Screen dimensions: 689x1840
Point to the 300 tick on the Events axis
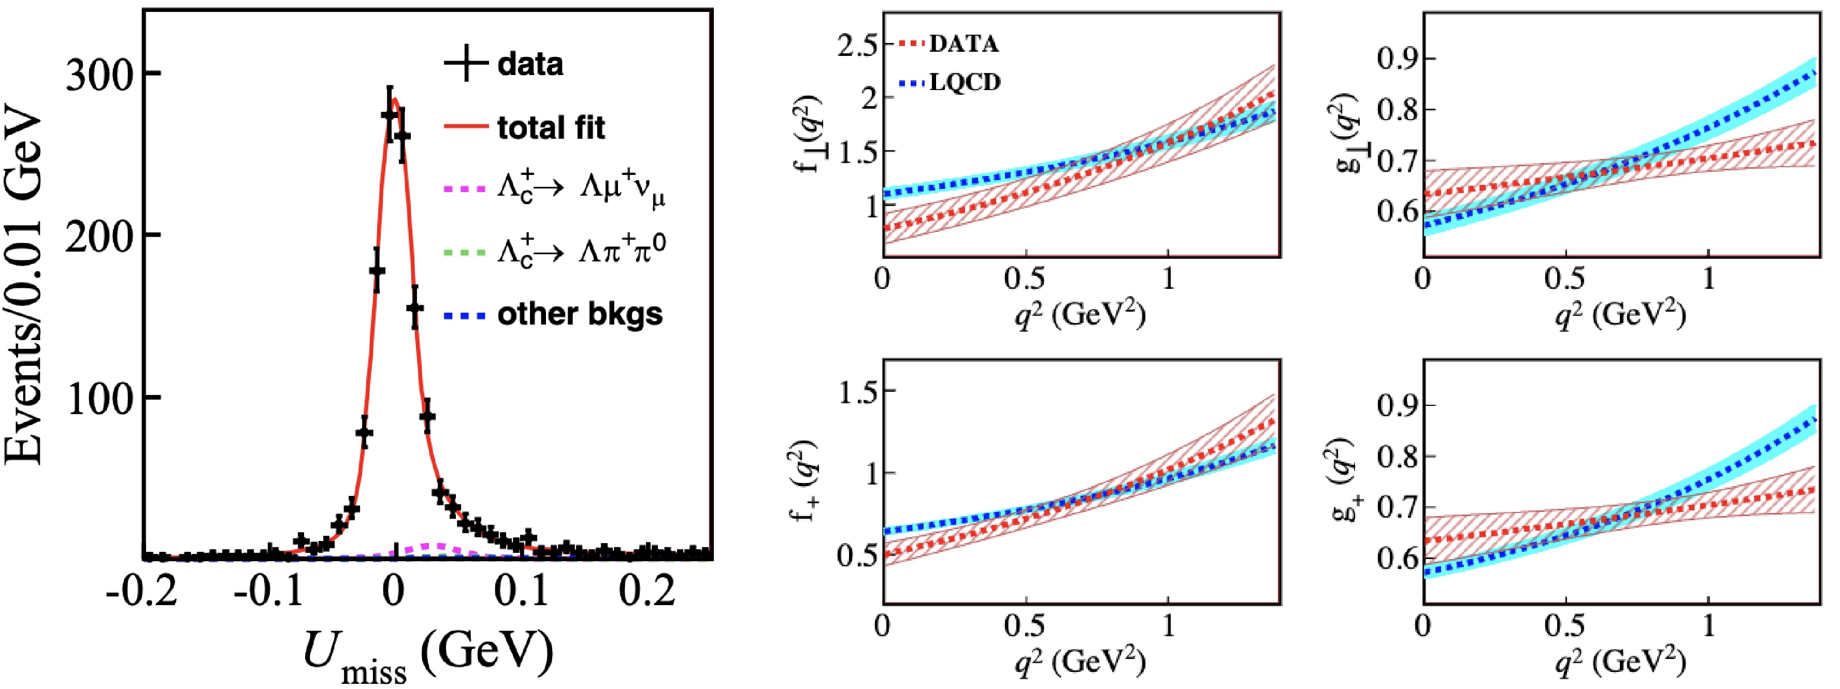tap(99, 74)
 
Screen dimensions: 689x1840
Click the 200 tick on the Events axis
tap(99, 235)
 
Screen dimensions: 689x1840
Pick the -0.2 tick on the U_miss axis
tap(141, 591)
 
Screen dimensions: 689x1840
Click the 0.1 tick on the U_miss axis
tap(521, 591)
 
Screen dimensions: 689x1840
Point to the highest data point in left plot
tap(389, 115)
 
